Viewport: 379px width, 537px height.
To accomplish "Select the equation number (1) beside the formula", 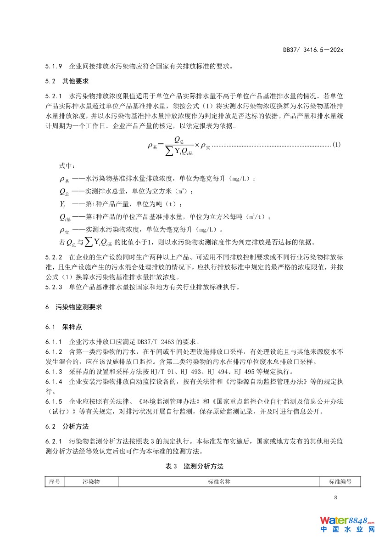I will click(x=336, y=145).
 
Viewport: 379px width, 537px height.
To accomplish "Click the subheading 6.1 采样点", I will click(x=59, y=327).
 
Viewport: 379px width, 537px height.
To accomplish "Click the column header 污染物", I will click(x=91, y=481).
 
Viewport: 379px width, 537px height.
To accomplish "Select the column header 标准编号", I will click(x=340, y=481).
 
